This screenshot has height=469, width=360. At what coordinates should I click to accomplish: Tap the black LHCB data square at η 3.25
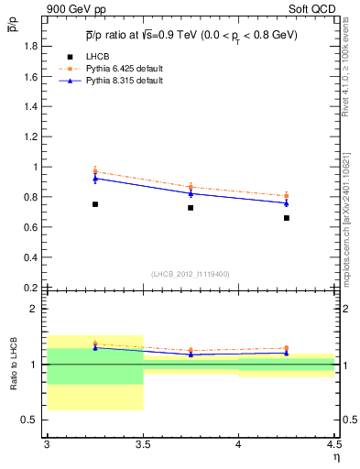[94, 204]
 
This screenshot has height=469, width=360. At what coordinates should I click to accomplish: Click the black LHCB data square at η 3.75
[191, 208]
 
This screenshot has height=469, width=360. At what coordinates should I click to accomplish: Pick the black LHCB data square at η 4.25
[287, 218]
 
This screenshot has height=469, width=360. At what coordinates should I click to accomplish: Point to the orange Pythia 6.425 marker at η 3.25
[94, 171]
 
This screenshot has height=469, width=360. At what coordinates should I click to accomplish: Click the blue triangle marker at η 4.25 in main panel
[287, 202]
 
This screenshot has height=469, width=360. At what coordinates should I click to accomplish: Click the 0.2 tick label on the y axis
[30, 288]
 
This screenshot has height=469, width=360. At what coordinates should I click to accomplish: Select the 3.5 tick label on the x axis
[142, 444]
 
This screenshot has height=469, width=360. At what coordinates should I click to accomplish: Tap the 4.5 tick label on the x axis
[333, 444]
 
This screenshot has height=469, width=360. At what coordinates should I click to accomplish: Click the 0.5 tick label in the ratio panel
[30, 420]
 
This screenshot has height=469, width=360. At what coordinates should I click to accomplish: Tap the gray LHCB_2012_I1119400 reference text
[191, 274]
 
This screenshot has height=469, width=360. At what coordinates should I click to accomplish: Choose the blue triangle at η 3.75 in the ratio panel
[191, 354]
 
